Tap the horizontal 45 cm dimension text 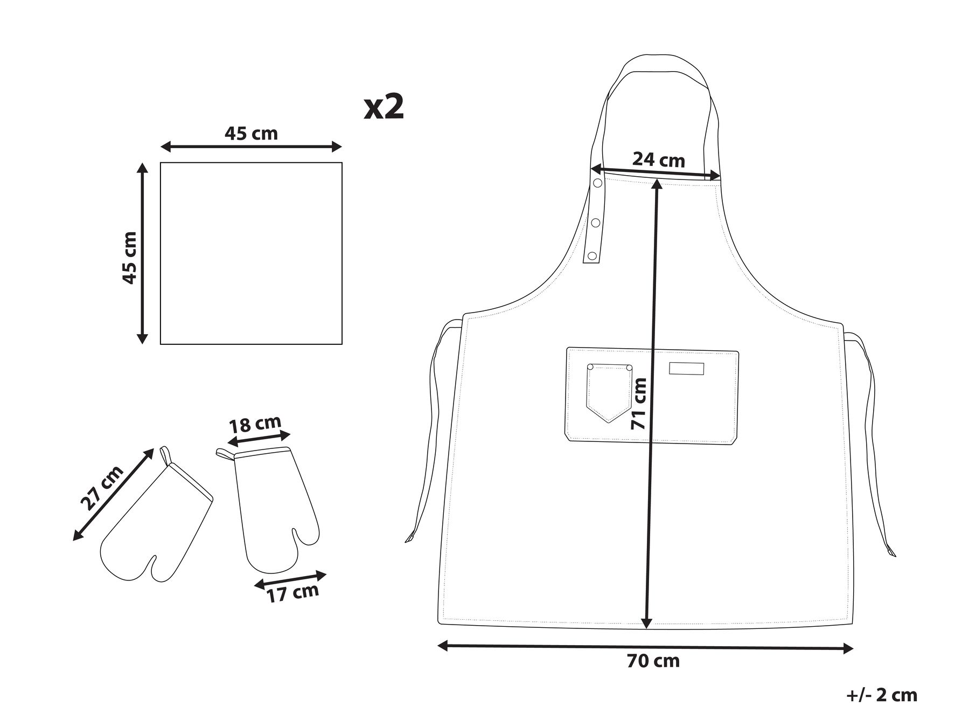251,133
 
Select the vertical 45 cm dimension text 130,258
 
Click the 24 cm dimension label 658,160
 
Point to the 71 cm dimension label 639,403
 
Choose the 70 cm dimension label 653,661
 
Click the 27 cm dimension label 102,487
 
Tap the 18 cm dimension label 255,424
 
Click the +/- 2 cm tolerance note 881,695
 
